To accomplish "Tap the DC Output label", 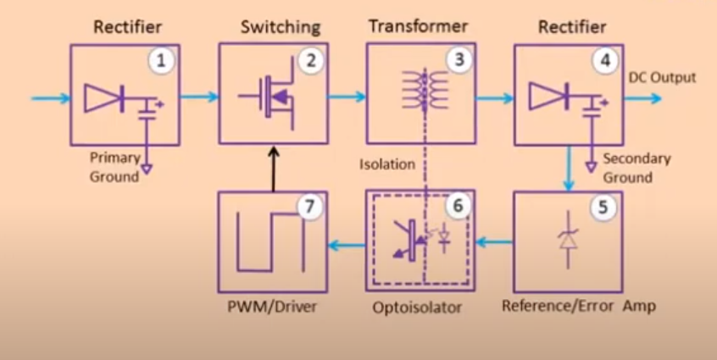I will point(662,78).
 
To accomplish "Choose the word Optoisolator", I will point(419,307).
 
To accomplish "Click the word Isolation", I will point(386,163).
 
